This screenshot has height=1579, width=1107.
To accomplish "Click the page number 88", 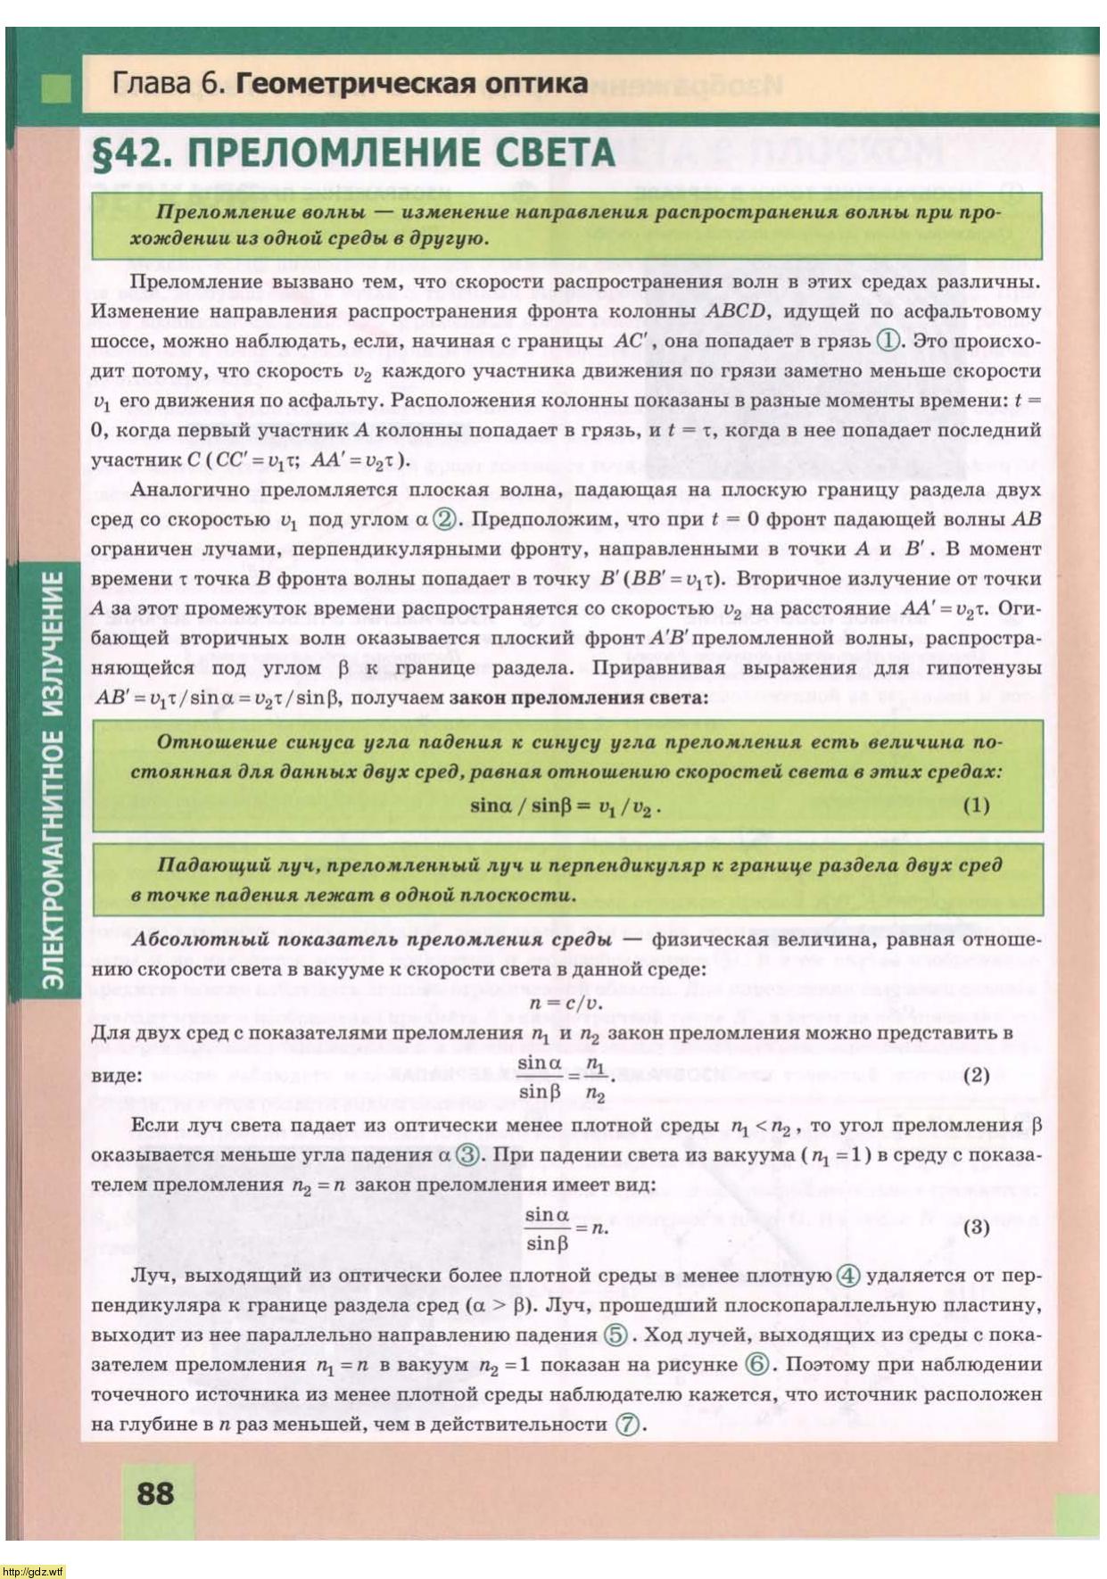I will (x=155, y=1492).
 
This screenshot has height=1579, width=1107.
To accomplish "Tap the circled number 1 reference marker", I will (x=888, y=341).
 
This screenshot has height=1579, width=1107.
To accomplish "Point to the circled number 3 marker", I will (x=467, y=1155).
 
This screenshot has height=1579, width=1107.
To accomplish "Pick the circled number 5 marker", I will (x=615, y=1335).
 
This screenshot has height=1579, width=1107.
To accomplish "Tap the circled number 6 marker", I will (x=757, y=1365).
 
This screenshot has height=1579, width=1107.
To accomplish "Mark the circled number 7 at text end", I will (x=629, y=1425).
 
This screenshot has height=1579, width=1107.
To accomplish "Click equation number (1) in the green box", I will (x=977, y=806).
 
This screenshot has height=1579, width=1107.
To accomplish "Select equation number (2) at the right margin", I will (x=977, y=1075).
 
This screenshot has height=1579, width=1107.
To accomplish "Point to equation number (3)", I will (x=977, y=1227).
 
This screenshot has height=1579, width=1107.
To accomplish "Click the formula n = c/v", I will (x=566, y=1002).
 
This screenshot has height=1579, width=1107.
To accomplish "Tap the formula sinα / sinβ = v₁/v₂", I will (x=566, y=806).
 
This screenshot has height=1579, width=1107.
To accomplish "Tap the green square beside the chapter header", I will (x=56, y=88).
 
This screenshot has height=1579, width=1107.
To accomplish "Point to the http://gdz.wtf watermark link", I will (x=32, y=1571).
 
